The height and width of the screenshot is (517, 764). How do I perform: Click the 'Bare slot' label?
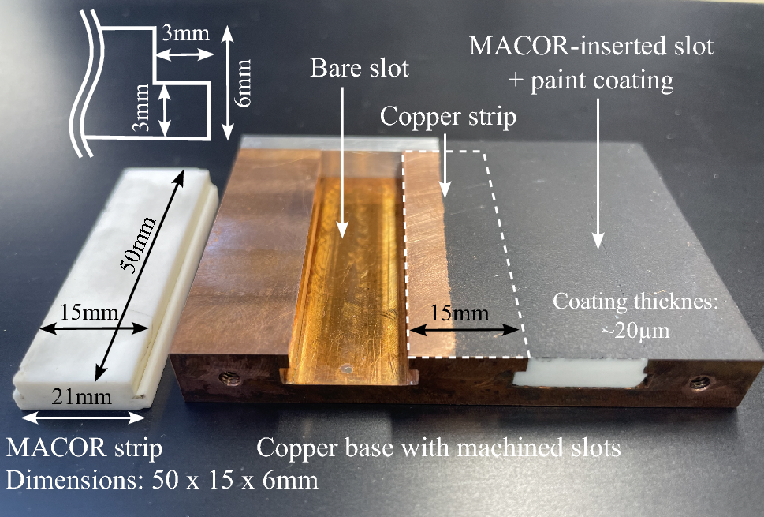(358, 69)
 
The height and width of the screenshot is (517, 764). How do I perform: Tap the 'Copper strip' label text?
(448, 117)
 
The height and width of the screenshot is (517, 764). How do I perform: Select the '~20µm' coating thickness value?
(634, 331)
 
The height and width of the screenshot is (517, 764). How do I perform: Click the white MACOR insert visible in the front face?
(580, 372)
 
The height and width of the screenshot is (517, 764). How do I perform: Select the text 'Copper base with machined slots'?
(438, 448)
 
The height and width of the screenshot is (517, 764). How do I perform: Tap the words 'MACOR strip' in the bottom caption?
(84, 448)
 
